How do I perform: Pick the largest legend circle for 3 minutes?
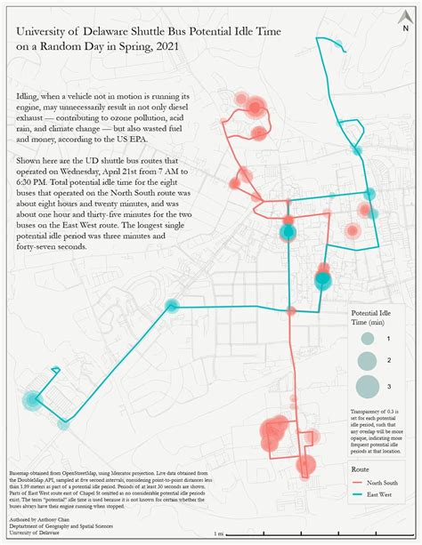(367, 386)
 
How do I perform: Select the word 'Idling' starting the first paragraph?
(28, 94)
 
